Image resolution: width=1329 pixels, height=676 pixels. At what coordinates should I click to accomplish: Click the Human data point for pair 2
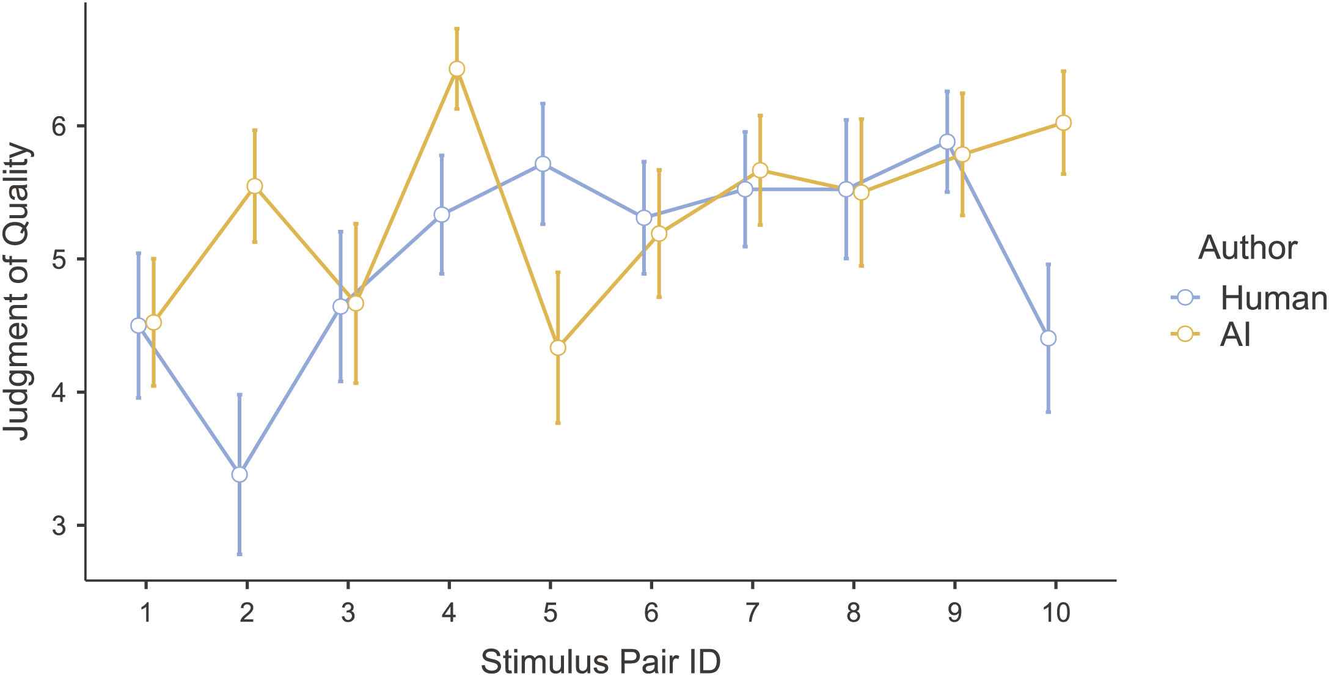tap(240, 474)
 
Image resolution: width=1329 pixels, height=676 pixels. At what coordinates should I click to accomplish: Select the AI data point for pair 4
tap(456, 69)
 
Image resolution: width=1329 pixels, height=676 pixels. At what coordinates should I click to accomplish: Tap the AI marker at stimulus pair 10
tap(1063, 123)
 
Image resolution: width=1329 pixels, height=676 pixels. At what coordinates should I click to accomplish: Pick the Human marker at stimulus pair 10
tap(1048, 338)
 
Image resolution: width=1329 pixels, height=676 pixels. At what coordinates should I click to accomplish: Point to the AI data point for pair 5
tap(558, 348)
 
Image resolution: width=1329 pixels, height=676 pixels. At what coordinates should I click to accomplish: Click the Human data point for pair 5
tap(543, 164)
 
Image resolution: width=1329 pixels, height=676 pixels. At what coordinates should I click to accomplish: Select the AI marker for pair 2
tap(255, 186)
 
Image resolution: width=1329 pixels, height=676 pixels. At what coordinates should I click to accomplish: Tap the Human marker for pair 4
tap(442, 215)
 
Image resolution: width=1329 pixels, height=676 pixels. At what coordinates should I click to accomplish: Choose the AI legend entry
tap(1234, 334)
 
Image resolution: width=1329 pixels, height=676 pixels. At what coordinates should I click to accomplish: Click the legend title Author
tap(1248, 248)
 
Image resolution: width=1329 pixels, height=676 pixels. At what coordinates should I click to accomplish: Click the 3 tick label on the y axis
tap(59, 526)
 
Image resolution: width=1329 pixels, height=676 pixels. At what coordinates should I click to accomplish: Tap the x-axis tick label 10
tap(1055, 612)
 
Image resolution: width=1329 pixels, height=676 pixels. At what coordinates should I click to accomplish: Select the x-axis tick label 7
tap(752, 612)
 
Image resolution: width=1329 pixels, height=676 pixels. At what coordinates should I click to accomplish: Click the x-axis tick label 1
tap(145, 612)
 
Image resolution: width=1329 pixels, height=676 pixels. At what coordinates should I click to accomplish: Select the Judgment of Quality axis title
tap(17, 292)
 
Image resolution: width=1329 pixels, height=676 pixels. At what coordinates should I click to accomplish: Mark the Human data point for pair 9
tap(947, 142)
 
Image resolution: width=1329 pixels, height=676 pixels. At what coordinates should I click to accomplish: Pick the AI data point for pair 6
tap(659, 233)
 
